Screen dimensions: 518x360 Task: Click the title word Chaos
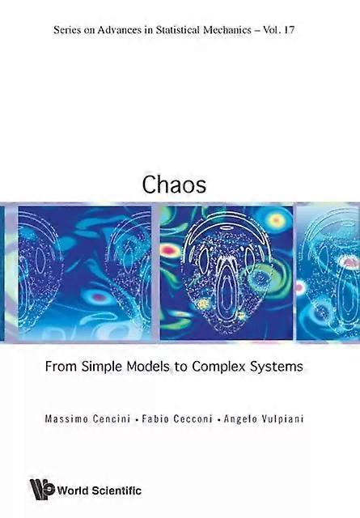(x=174, y=184)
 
